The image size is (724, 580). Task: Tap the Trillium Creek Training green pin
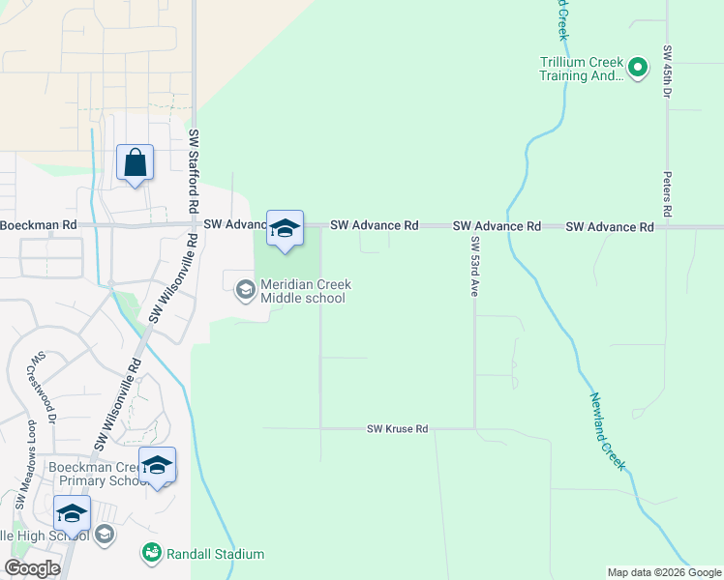[x=637, y=68]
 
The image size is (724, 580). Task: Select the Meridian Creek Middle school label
[x=304, y=291]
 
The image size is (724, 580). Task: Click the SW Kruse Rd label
[x=397, y=428]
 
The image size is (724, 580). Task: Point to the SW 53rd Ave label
[x=474, y=266]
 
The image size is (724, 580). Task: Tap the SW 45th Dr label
[x=667, y=72]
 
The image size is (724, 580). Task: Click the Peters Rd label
[x=667, y=194]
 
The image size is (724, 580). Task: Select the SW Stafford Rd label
[x=194, y=170]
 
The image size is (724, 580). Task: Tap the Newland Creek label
[x=607, y=431]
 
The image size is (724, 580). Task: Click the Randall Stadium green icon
[x=152, y=553]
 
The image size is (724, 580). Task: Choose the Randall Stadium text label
[x=215, y=554]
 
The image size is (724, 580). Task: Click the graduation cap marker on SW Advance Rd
[x=285, y=229]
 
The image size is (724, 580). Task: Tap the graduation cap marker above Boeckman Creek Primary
[x=157, y=467]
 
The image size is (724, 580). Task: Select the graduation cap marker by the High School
[x=72, y=514]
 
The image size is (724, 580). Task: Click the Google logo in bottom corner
[x=32, y=568]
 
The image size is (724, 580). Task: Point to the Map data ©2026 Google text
[x=663, y=572]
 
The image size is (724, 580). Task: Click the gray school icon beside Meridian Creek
[x=245, y=289]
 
